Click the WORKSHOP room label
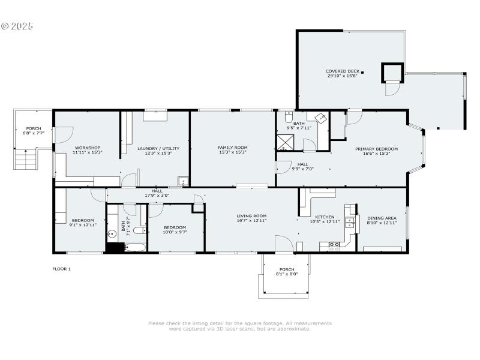(88, 148)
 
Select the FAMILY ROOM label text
(232, 148)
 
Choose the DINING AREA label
(382, 218)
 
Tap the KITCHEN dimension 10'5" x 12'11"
(325, 221)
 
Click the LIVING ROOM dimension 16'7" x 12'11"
(251, 220)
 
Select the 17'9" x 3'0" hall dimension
(157, 195)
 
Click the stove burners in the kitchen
(334, 244)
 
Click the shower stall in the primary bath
(284, 142)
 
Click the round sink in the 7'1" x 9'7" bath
(112, 234)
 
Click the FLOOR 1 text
(61, 269)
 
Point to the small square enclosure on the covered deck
(392, 73)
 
